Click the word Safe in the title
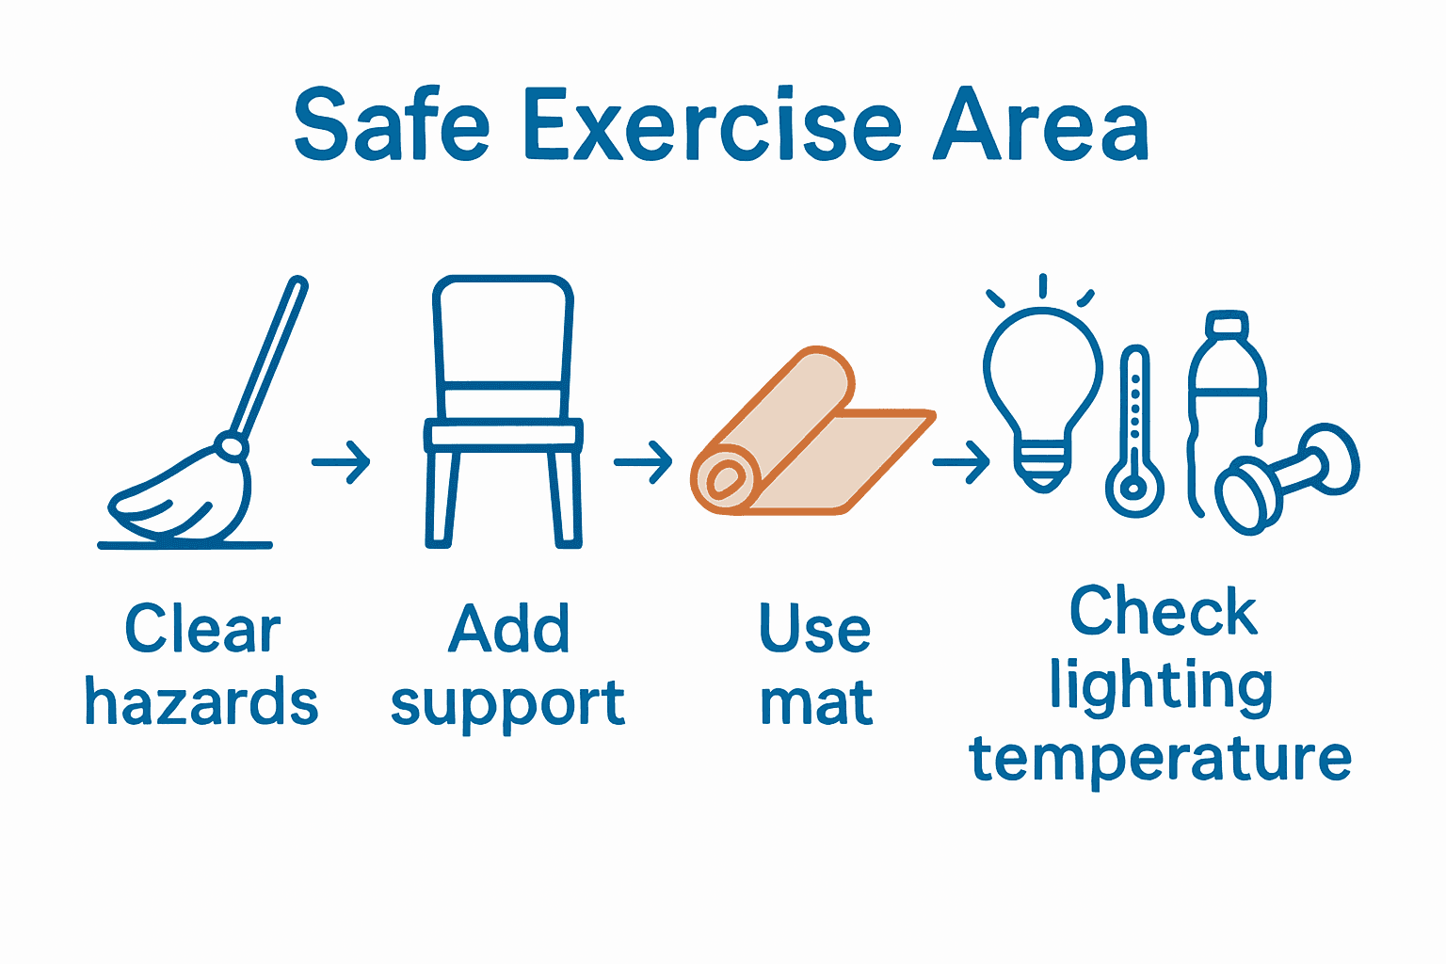click(392, 125)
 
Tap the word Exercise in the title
click(713, 125)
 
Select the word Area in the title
click(1041, 125)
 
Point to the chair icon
click(503, 414)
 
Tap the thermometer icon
click(1134, 433)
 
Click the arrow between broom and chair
click(342, 462)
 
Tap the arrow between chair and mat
click(643, 462)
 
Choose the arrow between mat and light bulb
click(961, 462)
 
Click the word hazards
click(201, 702)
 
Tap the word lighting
click(1162, 687)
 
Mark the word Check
click(1164, 612)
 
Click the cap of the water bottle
click(1227, 326)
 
